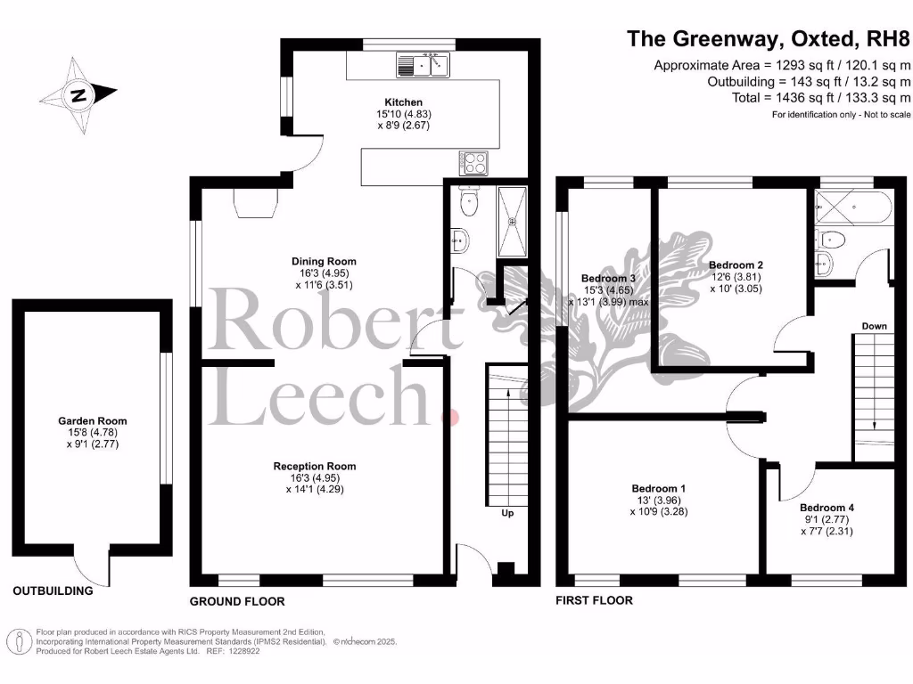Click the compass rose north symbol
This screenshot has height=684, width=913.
[78, 94]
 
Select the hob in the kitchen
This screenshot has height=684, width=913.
[473, 162]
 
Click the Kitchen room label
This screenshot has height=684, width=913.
[403, 102]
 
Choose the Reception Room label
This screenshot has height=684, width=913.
[315, 466]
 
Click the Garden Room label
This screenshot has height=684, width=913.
[93, 421]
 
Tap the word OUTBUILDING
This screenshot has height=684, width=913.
[53, 590]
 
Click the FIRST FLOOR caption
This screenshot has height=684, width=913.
[594, 600]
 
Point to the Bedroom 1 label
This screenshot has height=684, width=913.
[659, 488]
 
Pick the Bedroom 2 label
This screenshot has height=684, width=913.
[736, 265]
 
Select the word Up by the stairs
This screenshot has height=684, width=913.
[506, 513]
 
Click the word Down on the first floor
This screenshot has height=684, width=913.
[874, 326]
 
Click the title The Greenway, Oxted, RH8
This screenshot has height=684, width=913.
[768, 39]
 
